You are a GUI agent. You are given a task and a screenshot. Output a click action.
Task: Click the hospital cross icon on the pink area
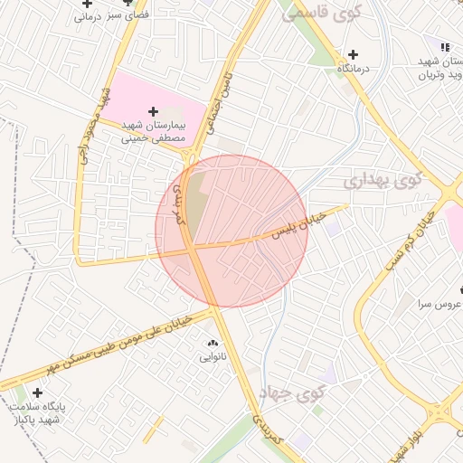[x=153, y=110]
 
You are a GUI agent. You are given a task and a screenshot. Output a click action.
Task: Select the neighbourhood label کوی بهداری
[x=383, y=179]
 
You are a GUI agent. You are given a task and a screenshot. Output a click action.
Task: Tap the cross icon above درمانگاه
[x=353, y=55]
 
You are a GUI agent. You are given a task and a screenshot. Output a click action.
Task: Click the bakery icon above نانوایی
[x=214, y=344]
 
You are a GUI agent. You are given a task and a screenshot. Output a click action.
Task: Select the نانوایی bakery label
[x=214, y=357]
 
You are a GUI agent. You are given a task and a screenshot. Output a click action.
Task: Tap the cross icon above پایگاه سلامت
[x=37, y=392]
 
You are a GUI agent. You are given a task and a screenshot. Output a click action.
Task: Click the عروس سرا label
[x=439, y=305]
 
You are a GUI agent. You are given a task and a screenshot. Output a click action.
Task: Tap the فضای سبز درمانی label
[x=112, y=16]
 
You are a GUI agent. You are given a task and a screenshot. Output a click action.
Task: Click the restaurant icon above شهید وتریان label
[x=444, y=46]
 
